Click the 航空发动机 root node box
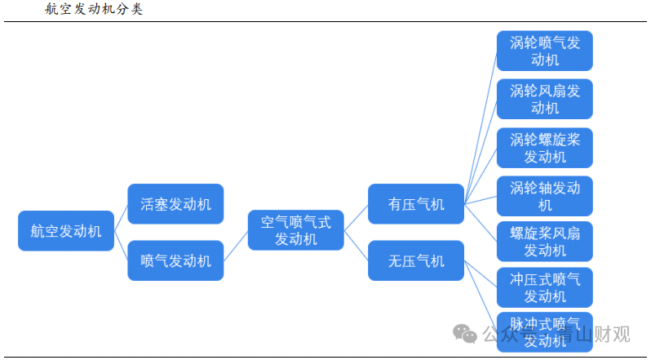pyautogui.click(x=66, y=231)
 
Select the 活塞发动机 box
pyautogui.click(x=175, y=204)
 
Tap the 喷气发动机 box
pyautogui.click(x=175, y=261)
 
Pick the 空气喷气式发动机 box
pyautogui.click(x=295, y=230)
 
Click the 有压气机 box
pyautogui.click(x=416, y=204)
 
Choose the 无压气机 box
pyautogui.click(x=416, y=261)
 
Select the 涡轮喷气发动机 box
pyautogui.click(x=545, y=51)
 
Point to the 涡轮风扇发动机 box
pyautogui.click(x=545, y=99)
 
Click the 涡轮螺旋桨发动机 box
pyautogui.click(x=545, y=148)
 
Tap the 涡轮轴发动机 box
pyautogui.click(x=545, y=197)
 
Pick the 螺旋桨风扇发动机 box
pyautogui.click(x=545, y=242)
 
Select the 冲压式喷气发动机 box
pyautogui.click(x=545, y=287)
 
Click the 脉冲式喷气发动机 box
pyautogui.click(x=545, y=331)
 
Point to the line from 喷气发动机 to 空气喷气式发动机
pyautogui.click(x=236, y=246)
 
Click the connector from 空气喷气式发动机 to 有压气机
pyautogui.click(x=356, y=217)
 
